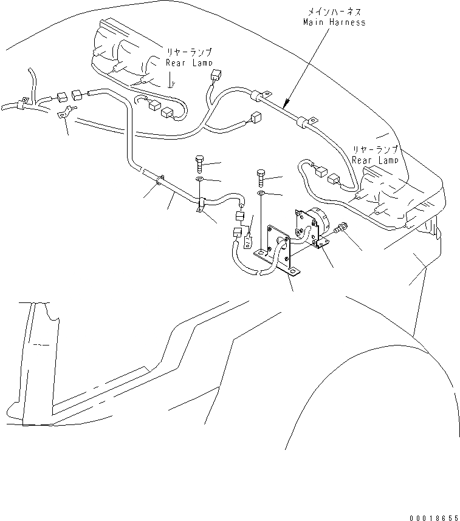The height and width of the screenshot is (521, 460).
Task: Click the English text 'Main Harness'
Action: tap(334, 22)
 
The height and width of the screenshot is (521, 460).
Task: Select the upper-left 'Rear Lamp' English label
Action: tap(189, 63)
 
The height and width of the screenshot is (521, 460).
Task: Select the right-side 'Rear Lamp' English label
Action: tap(375, 160)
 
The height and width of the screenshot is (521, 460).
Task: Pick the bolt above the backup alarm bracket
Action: tap(260, 177)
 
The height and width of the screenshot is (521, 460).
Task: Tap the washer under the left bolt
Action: tap(200, 180)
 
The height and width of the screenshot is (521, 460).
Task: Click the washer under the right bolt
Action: tap(260, 193)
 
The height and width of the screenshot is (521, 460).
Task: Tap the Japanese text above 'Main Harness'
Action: tap(334, 10)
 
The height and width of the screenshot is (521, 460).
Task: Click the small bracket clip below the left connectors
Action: tap(63, 113)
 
